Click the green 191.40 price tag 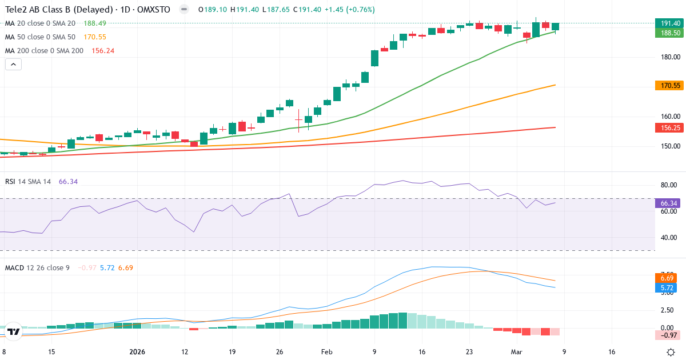[669, 23]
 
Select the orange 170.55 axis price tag [669, 85]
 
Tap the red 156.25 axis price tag [669, 127]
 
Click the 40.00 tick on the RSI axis [669, 237]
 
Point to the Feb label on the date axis [326, 352]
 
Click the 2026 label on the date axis [137, 352]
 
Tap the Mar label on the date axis [517, 352]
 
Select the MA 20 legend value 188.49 [95, 23]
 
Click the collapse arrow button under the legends [13, 64]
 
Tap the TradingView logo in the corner [14, 331]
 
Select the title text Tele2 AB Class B [42, 10]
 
